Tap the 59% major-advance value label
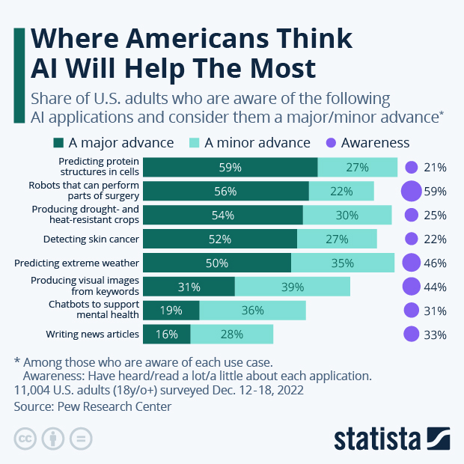coord(230,168)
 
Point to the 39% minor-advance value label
coord(293,287)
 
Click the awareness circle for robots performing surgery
coord(411,191)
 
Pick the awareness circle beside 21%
coord(411,168)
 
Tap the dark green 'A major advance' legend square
coord(58,142)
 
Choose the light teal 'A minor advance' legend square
coord(193,142)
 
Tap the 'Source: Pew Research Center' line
coord(93,406)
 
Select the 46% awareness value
coord(435,263)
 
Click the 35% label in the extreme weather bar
coord(342,263)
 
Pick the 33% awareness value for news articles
coord(435,335)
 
